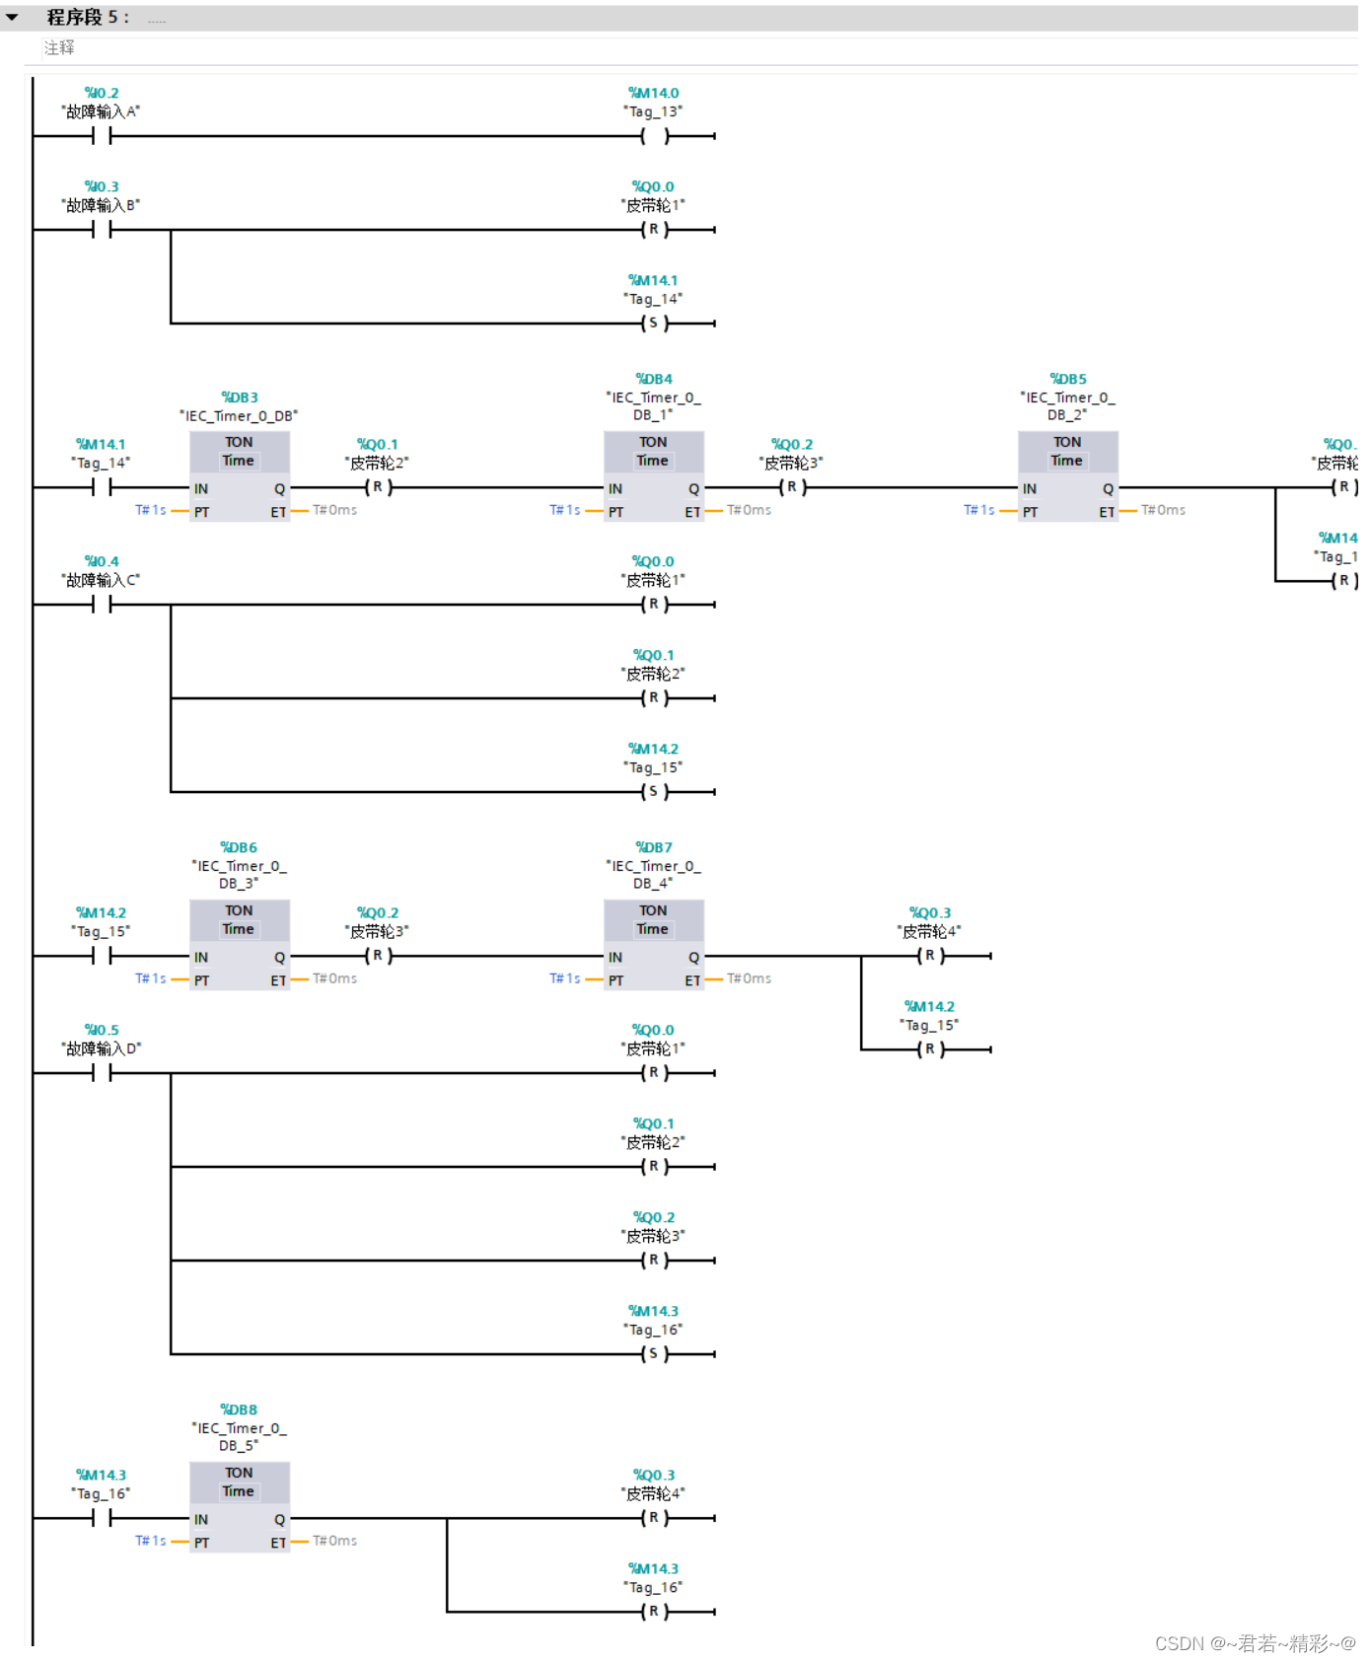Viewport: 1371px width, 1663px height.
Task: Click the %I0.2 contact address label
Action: tap(102, 93)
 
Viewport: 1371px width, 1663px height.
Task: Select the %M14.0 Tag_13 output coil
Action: tap(654, 136)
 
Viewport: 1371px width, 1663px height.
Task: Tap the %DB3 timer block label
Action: tap(240, 398)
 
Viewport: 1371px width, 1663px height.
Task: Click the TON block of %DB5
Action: tap(1067, 475)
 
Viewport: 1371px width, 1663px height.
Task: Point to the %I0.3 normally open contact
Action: tap(102, 230)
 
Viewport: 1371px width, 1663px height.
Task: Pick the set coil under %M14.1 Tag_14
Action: tap(654, 324)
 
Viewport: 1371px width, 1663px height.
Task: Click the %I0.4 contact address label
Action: tap(102, 561)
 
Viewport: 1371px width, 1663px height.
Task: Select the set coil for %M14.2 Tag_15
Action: tap(654, 792)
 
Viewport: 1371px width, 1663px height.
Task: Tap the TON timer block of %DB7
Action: tap(653, 944)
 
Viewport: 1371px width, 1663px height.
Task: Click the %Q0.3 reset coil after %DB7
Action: tap(930, 956)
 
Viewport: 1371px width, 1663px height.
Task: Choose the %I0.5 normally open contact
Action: tap(102, 1073)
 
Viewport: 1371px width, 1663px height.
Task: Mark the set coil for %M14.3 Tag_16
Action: tap(654, 1354)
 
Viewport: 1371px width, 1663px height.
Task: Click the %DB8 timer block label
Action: tap(239, 1410)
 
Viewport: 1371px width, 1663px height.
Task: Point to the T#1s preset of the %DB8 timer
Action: tap(151, 1541)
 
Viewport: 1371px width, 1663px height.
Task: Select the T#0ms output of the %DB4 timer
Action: tap(750, 510)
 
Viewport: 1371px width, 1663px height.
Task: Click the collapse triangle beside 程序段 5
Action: tap(12, 17)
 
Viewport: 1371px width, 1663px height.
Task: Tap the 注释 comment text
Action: tap(59, 47)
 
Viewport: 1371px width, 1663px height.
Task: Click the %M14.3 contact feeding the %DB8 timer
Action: tap(102, 1518)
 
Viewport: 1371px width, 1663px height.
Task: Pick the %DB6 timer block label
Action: tap(239, 847)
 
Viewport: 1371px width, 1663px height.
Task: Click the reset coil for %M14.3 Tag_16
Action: tap(654, 1612)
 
